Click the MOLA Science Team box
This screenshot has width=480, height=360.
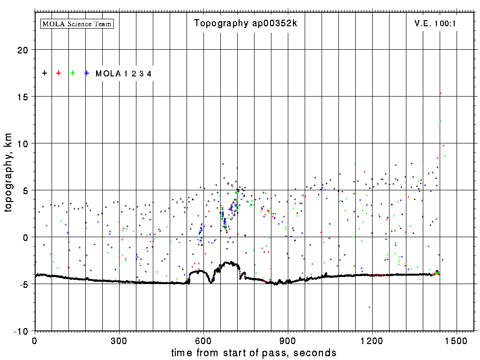pos(77,23)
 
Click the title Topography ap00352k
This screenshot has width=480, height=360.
pos(246,23)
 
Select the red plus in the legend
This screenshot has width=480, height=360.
pos(59,73)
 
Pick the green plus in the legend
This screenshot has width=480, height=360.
pos(73,73)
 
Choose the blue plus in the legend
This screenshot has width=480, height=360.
pos(87,73)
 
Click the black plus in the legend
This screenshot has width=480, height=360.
pos(45,73)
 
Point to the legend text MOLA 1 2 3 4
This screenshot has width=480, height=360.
pos(123,74)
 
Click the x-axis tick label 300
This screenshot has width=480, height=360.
pos(119,340)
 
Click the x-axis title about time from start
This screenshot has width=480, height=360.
pos(254,352)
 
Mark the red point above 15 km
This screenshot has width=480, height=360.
pos(441,93)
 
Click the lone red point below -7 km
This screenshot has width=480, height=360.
pos(369,307)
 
